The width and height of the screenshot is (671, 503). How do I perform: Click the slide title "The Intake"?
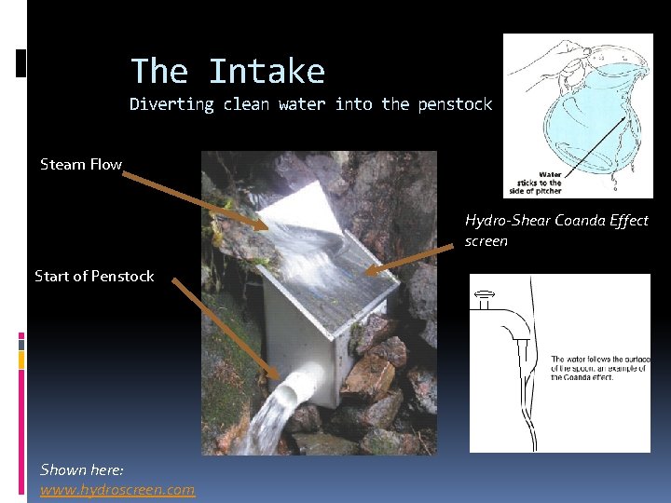click(x=227, y=72)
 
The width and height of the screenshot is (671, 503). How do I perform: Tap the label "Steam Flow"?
click(x=81, y=165)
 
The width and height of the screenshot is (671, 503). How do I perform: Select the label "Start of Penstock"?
click(x=94, y=276)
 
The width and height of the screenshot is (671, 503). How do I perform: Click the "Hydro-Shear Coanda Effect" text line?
click(x=556, y=221)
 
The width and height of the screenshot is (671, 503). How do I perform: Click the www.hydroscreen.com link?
click(x=117, y=489)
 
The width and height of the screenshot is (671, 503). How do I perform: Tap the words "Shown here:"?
click(x=82, y=469)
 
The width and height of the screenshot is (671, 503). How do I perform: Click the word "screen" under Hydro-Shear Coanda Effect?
click(x=486, y=241)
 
